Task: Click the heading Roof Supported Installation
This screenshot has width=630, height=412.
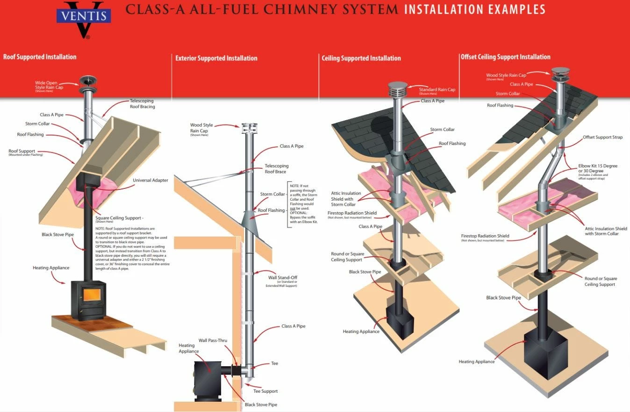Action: [x=40, y=57]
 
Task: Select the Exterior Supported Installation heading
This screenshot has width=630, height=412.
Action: [x=216, y=58]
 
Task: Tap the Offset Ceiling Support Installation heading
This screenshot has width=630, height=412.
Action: [x=505, y=57]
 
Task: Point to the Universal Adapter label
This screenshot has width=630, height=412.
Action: [x=150, y=180]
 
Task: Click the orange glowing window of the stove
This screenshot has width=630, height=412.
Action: [x=92, y=295]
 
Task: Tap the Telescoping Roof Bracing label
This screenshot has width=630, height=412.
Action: [x=142, y=103]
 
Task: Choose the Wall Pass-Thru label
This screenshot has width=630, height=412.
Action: [x=213, y=340]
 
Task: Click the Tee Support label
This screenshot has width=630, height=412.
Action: [x=265, y=391]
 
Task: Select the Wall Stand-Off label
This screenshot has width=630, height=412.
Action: [x=283, y=278]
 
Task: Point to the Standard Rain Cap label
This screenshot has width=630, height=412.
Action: [x=437, y=89]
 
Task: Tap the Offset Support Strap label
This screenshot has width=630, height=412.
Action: [x=602, y=137]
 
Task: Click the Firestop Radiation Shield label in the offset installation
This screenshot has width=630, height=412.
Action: [x=485, y=236]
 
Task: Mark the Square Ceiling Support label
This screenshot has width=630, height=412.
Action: [x=119, y=218]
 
